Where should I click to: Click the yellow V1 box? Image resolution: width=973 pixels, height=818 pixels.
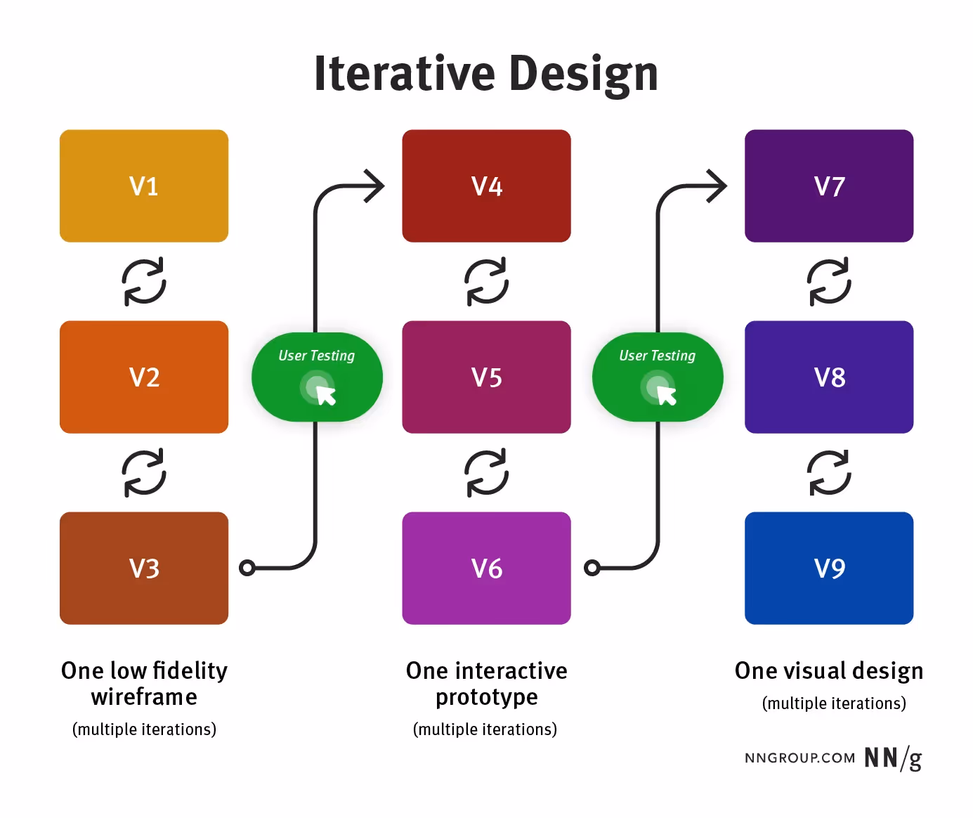pyautogui.click(x=144, y=186)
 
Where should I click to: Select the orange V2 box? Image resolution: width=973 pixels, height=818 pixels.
pyautogui.click(x=144, y=377)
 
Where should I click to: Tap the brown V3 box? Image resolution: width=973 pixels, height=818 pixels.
pyautogui.click(x=144, y=568)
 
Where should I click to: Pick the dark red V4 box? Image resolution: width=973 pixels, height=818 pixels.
pyautogui.click(x=486, y=186)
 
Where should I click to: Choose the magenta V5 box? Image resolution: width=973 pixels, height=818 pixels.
pyautogui.click(x=486, y=377)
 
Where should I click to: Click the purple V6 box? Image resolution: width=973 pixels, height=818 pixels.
pyautogui.click(x=486, y=568)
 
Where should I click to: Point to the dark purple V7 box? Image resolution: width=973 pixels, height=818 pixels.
pyautogui.click(x=829, y=186)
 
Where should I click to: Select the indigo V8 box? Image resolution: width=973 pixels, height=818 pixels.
pyautogui.click(x=829, y=377)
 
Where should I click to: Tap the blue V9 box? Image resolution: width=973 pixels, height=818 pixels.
pyautogui.click(x=829, y=568)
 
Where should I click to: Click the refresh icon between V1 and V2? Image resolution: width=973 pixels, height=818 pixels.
pyautogui.click(x=144, y=282)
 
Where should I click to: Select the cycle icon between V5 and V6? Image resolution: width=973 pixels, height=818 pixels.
pyautogui.click(x=486, y=473)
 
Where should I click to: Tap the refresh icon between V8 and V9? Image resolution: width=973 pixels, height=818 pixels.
pyautogui.click(x=829, y=473)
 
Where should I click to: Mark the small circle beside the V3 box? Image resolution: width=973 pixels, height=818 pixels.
pyautogui.click(x=247, y=568)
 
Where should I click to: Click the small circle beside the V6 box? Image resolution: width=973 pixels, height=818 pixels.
pyautogui.click(x=592, y=568)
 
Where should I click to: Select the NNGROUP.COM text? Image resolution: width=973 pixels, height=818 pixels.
pyautogui.click(x=799, y=758)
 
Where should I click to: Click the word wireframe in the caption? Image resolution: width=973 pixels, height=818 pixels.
pyautogui.click(x=144, y=697)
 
